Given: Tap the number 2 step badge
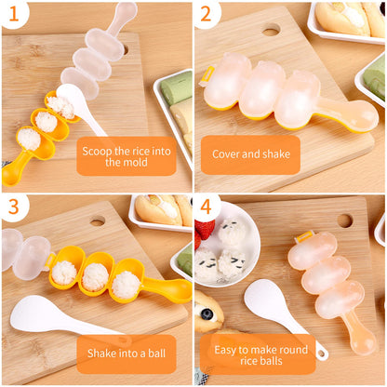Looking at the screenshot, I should point(207,13).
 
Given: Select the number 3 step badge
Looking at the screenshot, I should point(13,207).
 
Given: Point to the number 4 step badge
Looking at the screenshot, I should point(207,207).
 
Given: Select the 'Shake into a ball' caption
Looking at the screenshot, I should point(127,354).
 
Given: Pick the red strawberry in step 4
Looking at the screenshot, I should point(206,231).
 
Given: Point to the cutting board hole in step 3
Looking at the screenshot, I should point(98,221).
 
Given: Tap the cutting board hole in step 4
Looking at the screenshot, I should point(345,220).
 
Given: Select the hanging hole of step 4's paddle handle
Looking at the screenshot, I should point(321,353).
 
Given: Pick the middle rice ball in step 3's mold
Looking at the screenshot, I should point(94,276).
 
